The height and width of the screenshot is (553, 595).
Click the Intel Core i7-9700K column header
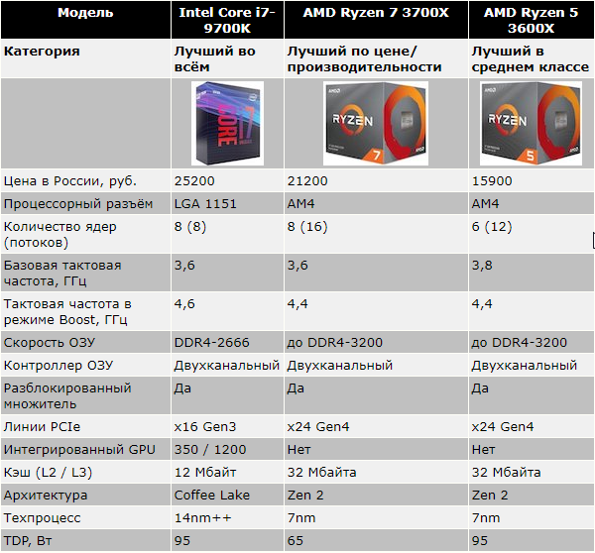(x=227, y=21)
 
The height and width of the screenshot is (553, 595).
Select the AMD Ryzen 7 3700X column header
(x=376, y=13)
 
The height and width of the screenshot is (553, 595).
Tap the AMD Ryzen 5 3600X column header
(x=531, y=21)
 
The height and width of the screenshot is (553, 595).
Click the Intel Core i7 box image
(x=226, y=124)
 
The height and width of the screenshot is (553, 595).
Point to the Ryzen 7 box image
(x=376, y=124)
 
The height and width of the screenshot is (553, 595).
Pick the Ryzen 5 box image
(x=530, y=124)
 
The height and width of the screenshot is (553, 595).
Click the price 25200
(x=194, y=181)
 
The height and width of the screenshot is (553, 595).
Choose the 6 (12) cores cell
(x=493, y=226)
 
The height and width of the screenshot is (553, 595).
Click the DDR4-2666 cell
(x=211, y=342)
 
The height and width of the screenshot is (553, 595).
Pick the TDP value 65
(x=296, y=540)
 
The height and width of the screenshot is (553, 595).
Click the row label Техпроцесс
(x=44, y=517)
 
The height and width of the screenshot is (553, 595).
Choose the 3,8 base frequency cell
(x=481, y=265)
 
